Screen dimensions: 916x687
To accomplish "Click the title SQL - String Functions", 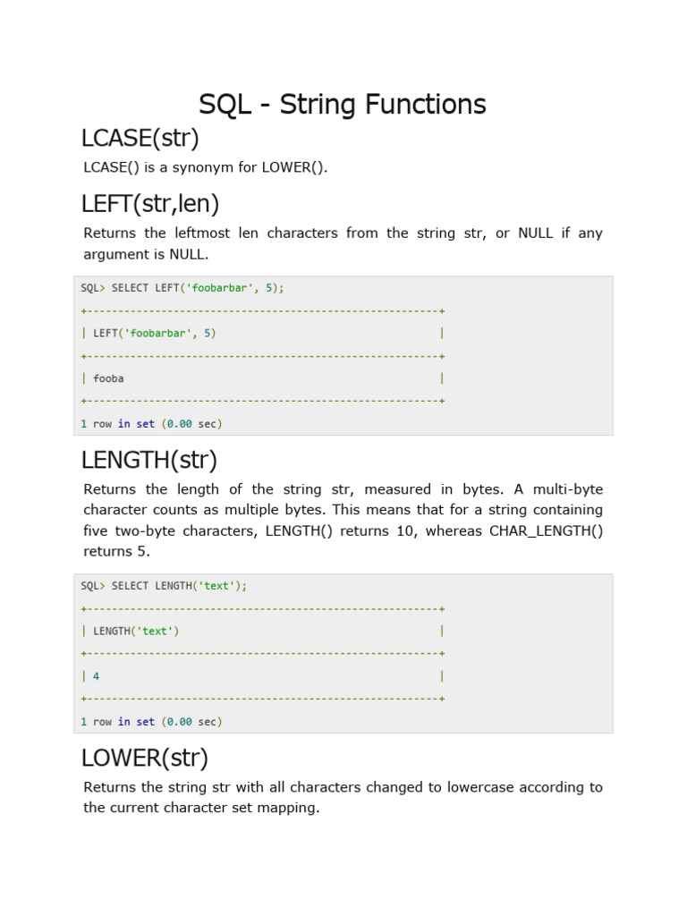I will pos(343,105).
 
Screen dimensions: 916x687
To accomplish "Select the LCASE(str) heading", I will pos(140,139).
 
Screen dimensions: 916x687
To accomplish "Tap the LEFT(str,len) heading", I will pos(150,204).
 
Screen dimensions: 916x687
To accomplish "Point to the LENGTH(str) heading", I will pos(149,461).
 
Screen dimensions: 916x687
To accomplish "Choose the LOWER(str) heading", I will pos(145,759).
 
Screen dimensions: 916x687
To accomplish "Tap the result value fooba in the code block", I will pos(108,378).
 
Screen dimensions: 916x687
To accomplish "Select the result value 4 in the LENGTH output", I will pos(97,676).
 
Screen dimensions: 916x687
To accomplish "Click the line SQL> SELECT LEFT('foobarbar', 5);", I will pos(182,288).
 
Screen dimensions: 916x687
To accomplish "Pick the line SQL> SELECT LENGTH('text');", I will pos(164,586).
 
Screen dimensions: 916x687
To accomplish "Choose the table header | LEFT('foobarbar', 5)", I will pos(154,333).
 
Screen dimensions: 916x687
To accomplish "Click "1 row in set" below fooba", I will pos(117,424).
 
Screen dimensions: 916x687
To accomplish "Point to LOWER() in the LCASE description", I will pos(293,167).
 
